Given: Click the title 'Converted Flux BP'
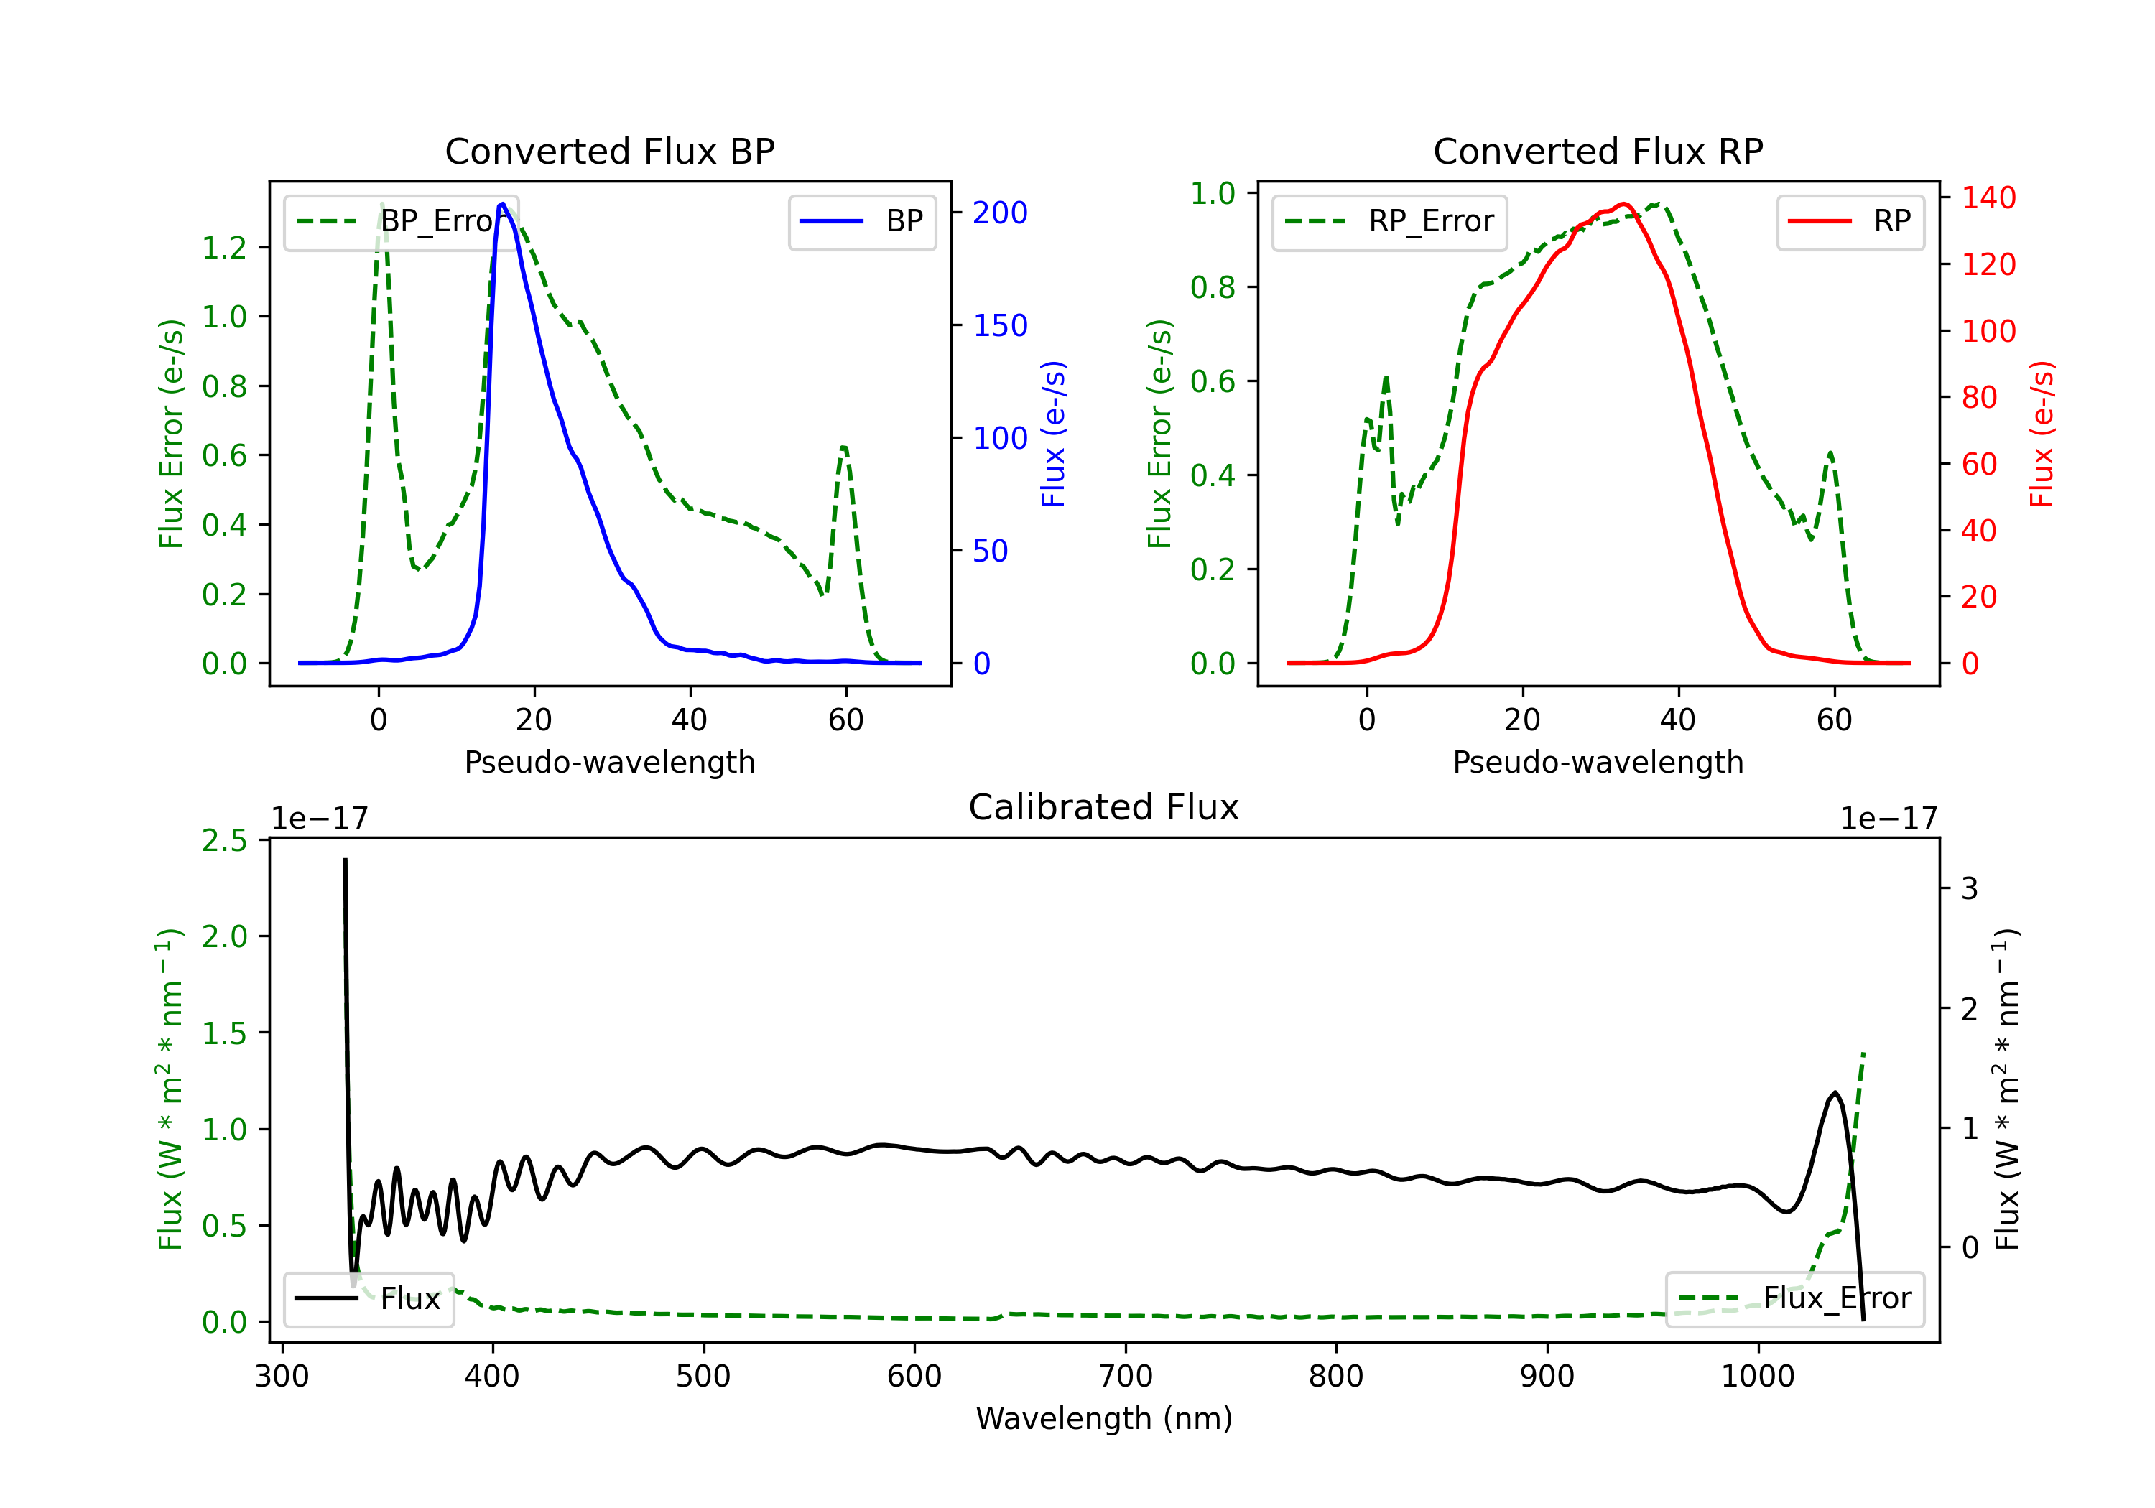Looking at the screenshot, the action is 609,151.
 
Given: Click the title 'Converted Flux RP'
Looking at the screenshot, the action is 1598,151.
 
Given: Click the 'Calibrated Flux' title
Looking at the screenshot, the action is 1104,807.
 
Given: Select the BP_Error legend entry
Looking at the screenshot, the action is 401,221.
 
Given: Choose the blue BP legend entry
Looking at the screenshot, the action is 861,221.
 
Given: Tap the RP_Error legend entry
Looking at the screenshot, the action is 1389,221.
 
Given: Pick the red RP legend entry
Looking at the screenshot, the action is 1850,221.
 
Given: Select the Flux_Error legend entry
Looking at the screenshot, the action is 1794,1299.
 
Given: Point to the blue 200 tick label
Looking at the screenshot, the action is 1000,213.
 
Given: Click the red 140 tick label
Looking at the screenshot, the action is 1989,198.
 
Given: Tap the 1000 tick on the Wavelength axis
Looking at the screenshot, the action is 1758,1376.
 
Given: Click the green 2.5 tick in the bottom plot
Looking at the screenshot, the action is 224,840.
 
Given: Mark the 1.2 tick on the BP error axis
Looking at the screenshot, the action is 224,248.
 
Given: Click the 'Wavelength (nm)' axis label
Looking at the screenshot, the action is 1104,1418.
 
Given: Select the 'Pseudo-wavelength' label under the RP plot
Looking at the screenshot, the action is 1598,762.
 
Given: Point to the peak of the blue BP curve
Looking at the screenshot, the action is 503,204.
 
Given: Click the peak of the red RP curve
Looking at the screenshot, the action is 1623,204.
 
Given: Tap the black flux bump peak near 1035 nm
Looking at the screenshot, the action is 1835,1092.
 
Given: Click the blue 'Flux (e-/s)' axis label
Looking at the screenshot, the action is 1053,434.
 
